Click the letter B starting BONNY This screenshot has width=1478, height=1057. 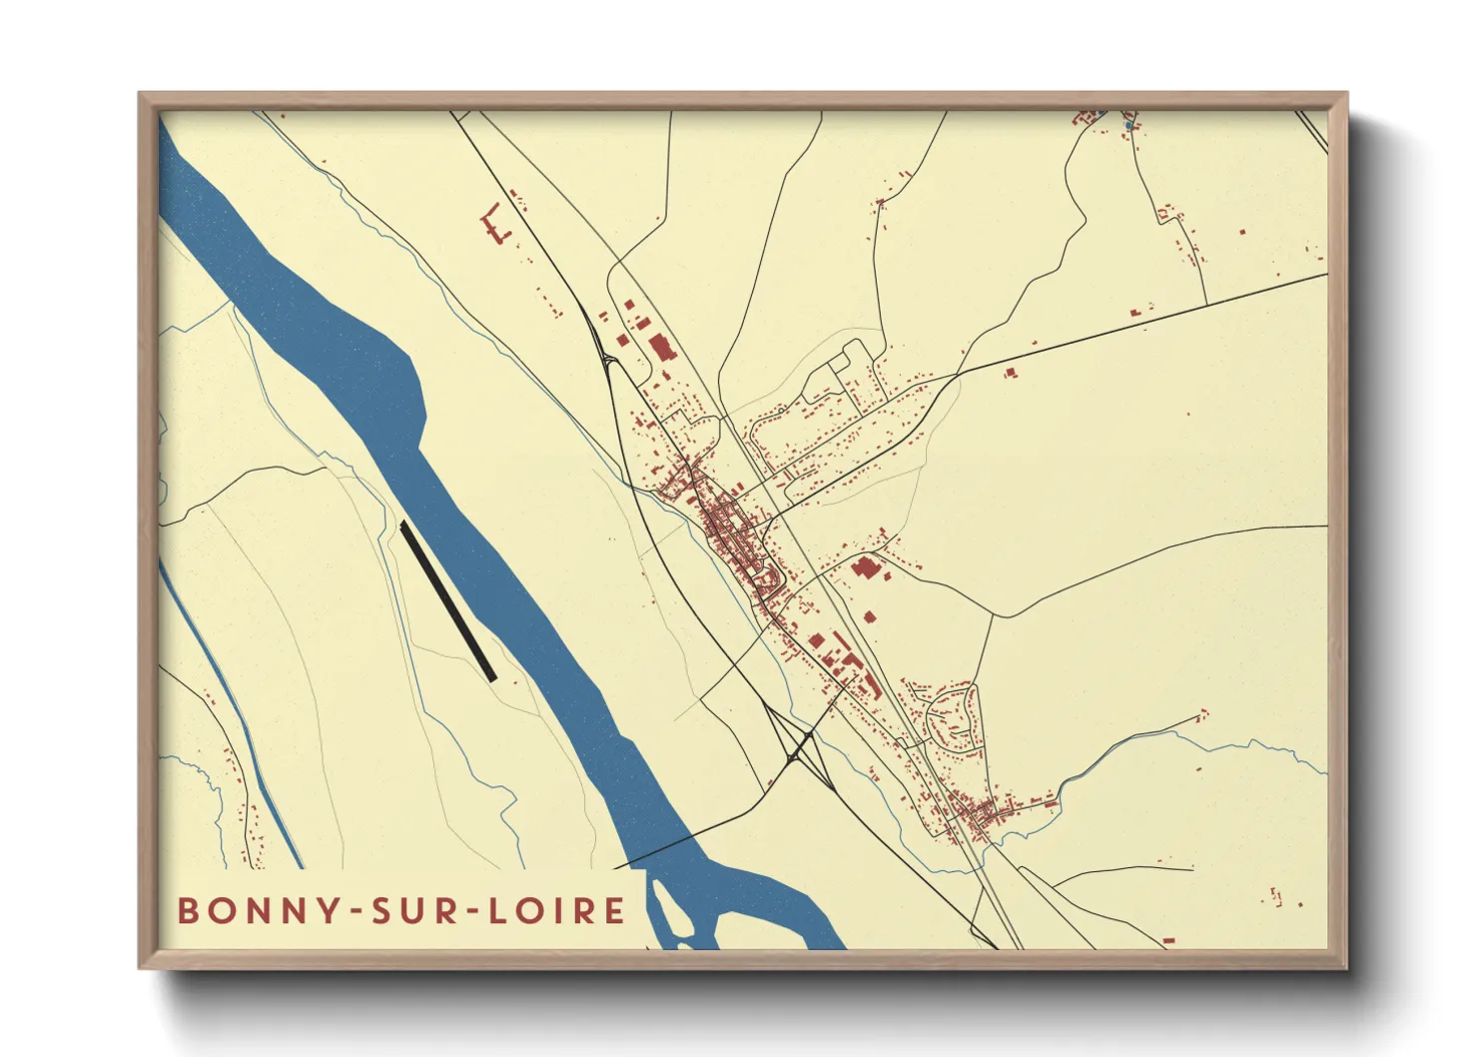[187, 910]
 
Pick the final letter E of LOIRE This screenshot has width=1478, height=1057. [614, 910]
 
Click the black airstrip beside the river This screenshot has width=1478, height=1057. [448, 601]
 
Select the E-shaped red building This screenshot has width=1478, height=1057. [493, 225]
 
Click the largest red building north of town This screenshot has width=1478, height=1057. [660, 349]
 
